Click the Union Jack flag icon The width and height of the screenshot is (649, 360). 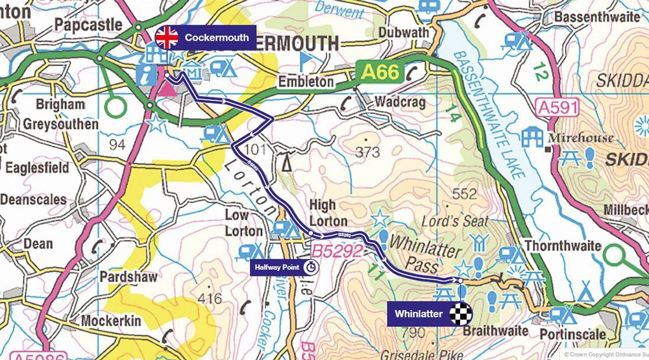click(167, 38)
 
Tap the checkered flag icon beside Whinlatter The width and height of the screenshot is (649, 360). click(459, 315)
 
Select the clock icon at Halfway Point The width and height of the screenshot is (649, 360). click(312, 267)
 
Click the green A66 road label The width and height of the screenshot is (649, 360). click(380, 72)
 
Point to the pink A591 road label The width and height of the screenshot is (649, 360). click(557, 108)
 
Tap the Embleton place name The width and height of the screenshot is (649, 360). click(306, 82)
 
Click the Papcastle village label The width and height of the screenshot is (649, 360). click(88, 25)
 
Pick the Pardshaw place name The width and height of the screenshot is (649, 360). click(129, 277)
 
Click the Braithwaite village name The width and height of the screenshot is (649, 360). click(495, 331)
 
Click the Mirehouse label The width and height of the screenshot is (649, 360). click(580, 138)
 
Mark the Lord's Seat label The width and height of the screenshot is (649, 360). click(454, 221)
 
